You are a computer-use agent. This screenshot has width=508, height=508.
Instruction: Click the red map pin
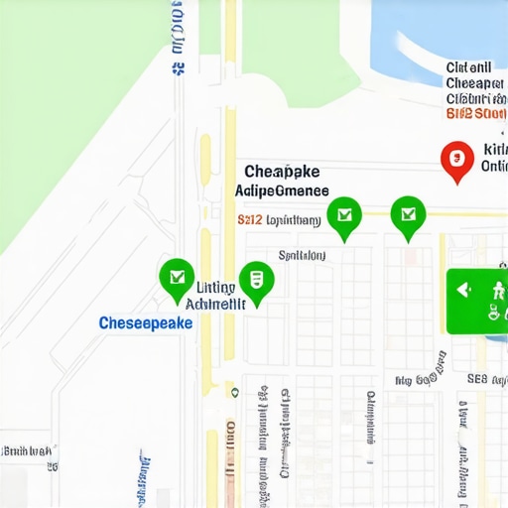point(456,158)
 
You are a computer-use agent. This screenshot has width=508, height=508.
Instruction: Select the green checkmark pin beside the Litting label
point(177,277)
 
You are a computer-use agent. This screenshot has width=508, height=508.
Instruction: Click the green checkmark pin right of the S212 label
point(344,214)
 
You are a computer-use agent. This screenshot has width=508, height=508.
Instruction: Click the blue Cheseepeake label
point(146,323)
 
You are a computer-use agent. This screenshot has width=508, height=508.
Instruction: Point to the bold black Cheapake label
point(282,171)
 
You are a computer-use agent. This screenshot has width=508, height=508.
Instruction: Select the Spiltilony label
point(302,255)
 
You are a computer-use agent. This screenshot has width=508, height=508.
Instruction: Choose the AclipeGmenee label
point(283,190)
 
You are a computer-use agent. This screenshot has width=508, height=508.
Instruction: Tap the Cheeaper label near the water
point(473,83)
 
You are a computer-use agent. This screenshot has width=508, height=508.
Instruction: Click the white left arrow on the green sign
point(462,290)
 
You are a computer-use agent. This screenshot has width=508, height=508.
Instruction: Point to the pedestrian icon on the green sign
point(497,290)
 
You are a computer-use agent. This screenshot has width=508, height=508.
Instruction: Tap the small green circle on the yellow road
point(234,392)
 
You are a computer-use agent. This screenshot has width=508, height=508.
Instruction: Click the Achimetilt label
point(215,304)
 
